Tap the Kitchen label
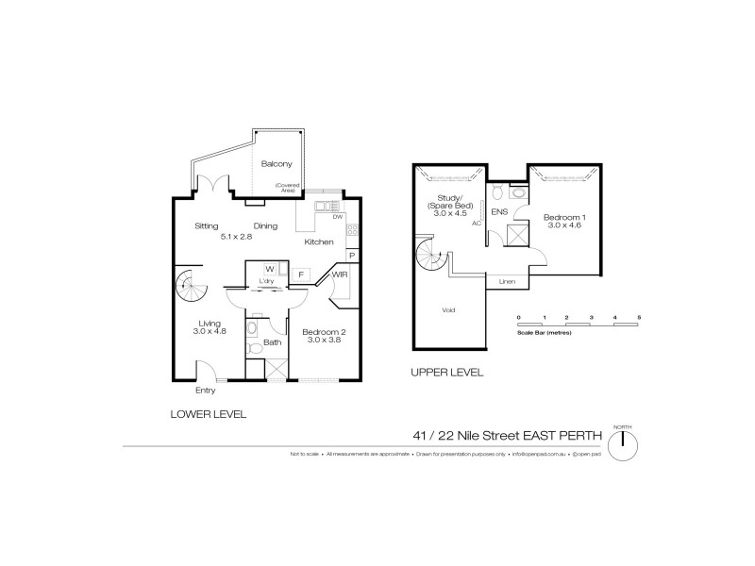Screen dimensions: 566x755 (x=318, y=242)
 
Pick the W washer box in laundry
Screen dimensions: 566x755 (x=269, y=269)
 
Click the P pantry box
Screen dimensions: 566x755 (x=351, y=255)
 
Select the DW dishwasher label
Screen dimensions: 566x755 (x=338, y=217)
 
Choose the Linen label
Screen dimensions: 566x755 (x=507, y=281)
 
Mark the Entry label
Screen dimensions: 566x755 (x=205, y=391)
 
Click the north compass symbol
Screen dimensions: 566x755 (x=624, y=443)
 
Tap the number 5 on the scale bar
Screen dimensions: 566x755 (x=639, y=316)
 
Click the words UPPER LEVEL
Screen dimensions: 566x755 (x=446, y=373)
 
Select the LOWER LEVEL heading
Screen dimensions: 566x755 (x=209, y=413)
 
